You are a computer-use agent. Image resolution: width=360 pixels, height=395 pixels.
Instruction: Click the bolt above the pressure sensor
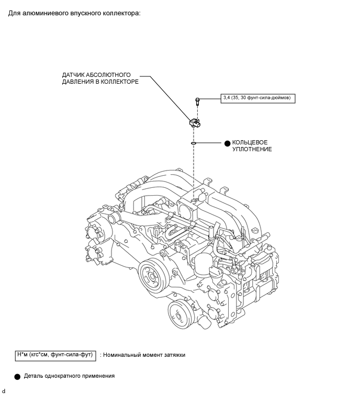click(x=197, y=101)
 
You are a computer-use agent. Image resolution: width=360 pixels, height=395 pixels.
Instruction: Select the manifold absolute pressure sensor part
click(x=195, y=123)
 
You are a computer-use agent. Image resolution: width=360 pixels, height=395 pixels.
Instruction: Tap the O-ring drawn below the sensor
click(x=194, y=143)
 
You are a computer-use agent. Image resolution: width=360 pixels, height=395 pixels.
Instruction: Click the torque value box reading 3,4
click(x=258, y=98)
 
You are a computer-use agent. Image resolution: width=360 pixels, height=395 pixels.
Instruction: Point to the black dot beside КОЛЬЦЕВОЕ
click(x=227, y=143)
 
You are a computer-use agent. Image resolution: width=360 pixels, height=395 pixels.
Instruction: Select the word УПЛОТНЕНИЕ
click(x=252, y=149)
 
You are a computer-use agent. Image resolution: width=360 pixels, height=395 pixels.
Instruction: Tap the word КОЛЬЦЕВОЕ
click(x=250, y=142)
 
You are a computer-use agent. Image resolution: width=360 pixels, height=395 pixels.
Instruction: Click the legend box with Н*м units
click(x=55, y=355)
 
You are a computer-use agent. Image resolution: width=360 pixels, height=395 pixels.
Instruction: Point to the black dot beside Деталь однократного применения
click(x=17, y=377)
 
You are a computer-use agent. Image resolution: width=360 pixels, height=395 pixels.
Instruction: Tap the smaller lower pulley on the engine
click(x=179, y=315)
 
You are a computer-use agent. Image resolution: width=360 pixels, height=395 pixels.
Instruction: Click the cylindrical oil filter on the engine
click(x=204, y=264)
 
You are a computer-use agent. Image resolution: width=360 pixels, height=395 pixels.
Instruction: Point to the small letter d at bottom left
click(x=3, y=391)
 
